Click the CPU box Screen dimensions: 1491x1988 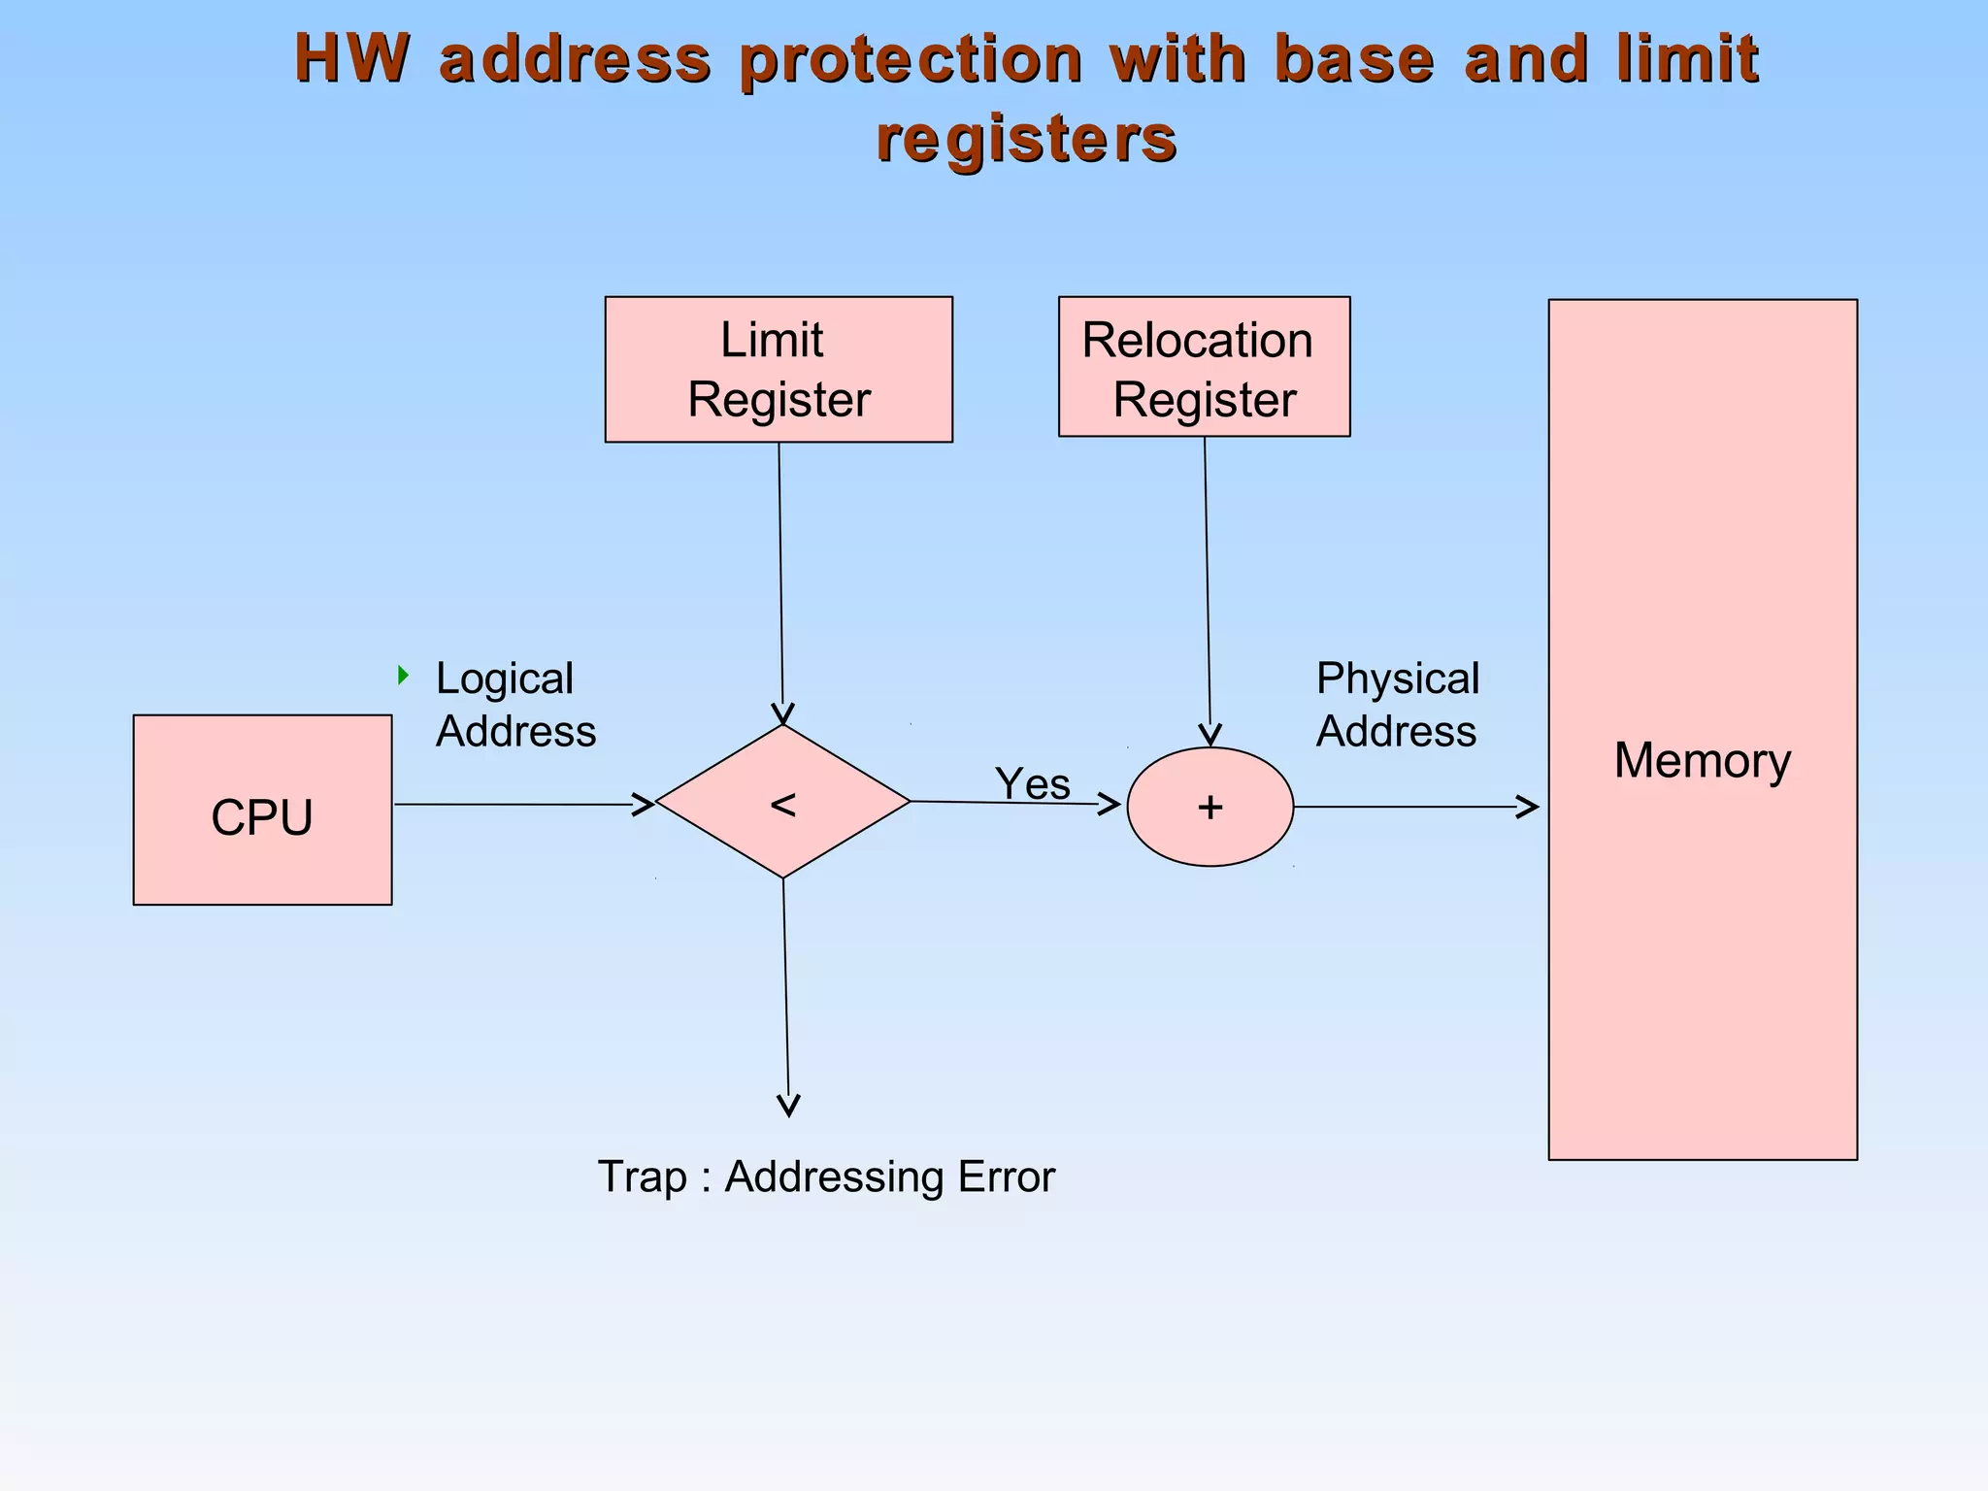click(x=262, y=811)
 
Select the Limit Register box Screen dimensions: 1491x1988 click(x=779, y=370)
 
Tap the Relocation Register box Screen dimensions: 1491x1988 click(x=1204, y=367)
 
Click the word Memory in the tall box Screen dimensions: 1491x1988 click(x=1702, y=760)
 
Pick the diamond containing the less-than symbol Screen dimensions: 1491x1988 click(x=782, y=802)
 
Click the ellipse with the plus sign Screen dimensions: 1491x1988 click(x=1209, y=807)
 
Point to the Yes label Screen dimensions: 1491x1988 click(x=1032, y=783)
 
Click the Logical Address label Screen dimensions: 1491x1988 click(x=514, y=705)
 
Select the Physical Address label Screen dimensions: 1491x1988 click(x=1397, y=705)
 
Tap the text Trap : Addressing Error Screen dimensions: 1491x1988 click(x=825, y=1176)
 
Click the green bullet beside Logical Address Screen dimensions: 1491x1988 click(x=403, y=675)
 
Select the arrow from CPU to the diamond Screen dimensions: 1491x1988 click(x=524, y=805)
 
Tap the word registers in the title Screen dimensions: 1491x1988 click(x=1026, y=138)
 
